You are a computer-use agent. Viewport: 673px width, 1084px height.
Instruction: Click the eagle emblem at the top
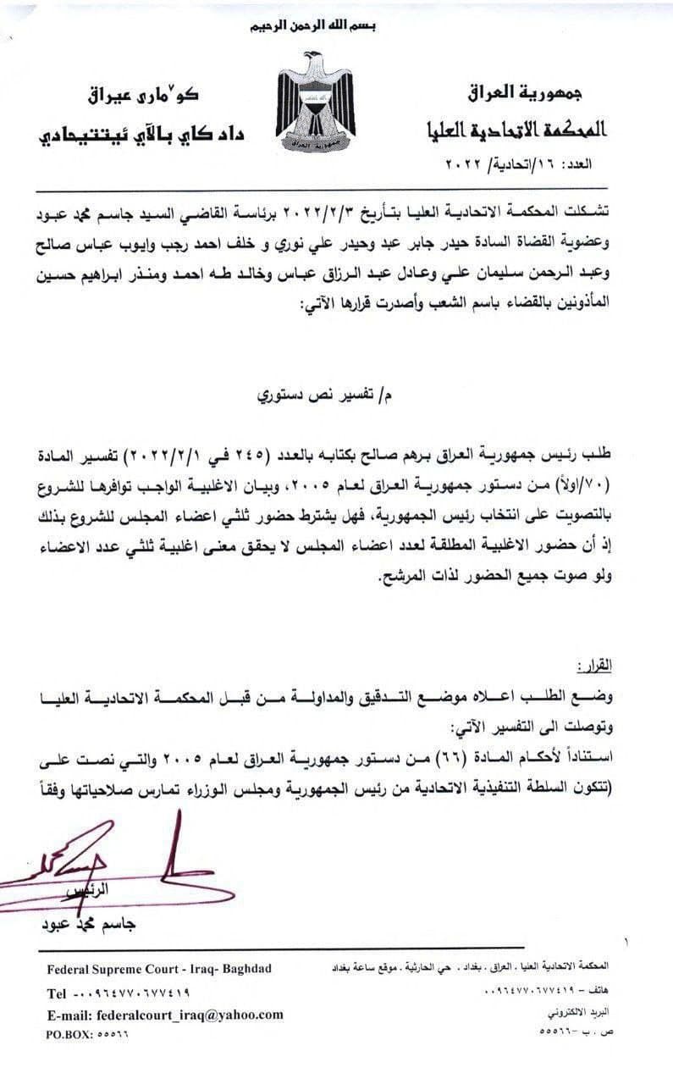pos(315,102)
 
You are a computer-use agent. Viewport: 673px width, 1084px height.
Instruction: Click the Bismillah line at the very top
pos(313,26)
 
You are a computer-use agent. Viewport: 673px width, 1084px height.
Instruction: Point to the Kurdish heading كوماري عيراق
pos(152,91)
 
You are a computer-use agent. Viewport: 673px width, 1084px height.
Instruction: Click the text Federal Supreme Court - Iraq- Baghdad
pos(159,969)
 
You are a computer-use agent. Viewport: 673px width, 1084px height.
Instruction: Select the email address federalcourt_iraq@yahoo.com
pos(189,1015)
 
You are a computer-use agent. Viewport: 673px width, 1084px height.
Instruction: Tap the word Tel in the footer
pos(56,993)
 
